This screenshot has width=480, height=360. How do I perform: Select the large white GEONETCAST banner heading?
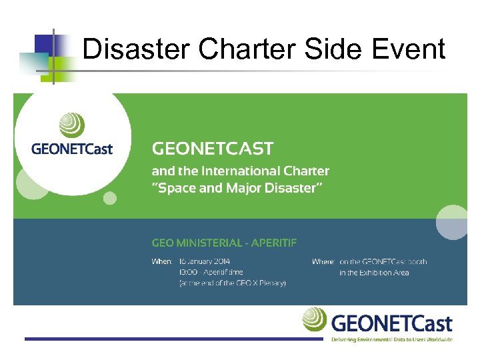[213, 148]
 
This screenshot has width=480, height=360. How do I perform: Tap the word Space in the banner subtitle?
[176, 188]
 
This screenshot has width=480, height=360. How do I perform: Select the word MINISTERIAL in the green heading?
[211, 242]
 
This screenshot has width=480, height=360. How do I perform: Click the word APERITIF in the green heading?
[273, 242]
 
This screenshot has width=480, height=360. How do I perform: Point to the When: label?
[162, 261]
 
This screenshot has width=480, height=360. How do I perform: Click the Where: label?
[323, 261]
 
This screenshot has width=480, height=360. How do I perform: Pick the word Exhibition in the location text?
[377, 272]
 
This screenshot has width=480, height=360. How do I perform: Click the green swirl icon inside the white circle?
[72, 125]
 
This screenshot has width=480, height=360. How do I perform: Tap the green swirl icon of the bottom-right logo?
[314, 319]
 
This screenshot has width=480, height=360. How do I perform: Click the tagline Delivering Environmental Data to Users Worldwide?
[392, 339]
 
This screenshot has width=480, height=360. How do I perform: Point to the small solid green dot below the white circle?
[110, 198]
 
